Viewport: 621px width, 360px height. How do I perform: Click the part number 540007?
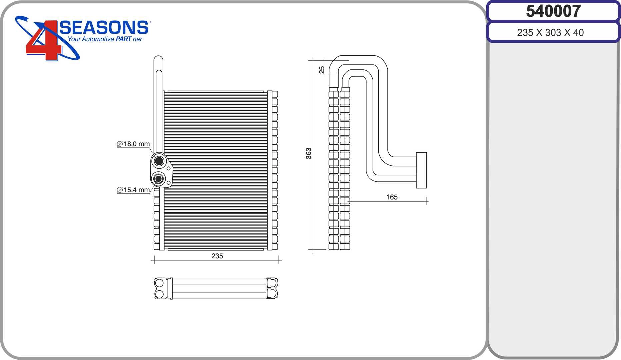pos(553,11)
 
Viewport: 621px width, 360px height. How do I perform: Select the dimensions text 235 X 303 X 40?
pos(550,33)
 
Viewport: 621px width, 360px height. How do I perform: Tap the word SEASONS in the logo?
pos(104,27)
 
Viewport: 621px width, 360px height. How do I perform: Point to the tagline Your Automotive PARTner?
pos(105,39)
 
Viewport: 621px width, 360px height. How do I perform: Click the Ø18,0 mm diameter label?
pos(133,144)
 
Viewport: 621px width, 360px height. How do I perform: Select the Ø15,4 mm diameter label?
pos(133,190)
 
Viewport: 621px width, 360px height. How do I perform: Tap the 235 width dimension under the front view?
pos(217,256)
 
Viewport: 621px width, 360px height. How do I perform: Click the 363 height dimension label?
pos(309,153)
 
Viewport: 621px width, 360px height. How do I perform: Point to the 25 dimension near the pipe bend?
pos(322,70)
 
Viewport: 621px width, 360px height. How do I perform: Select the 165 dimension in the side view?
pos(392,197)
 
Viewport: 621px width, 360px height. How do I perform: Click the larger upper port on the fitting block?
pos(159,161)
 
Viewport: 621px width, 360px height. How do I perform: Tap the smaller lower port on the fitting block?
pos(158,179)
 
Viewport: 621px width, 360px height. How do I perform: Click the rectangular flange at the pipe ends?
pos(422,170)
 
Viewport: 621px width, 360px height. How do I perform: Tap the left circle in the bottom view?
pos(159,283)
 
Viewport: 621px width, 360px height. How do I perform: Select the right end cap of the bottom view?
pos(272,288)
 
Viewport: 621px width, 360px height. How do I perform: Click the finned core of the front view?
pos(216,170)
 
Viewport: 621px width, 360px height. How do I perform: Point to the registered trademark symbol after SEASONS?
pos(150,22)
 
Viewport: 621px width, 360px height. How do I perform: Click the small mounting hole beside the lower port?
pos(169,183)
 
